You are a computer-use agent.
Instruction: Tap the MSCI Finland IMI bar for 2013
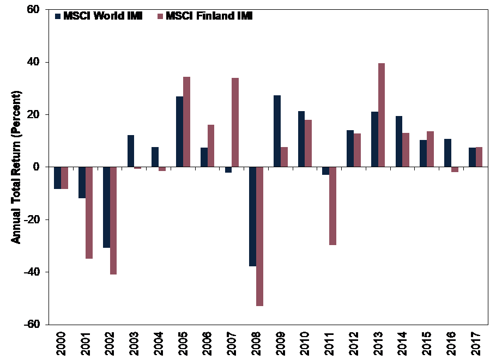coord(381,115)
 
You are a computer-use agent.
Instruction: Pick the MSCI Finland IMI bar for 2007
coord(235,123)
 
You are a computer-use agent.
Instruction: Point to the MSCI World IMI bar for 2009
coord(277,131)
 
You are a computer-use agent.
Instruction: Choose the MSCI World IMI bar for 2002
coord(106,207)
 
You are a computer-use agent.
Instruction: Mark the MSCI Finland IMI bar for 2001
coord(89,212)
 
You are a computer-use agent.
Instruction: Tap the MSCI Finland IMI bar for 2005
coord(186,122)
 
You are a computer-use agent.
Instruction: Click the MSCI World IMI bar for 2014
coord(398,142)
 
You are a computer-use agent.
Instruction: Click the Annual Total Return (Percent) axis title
coord(16,167)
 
